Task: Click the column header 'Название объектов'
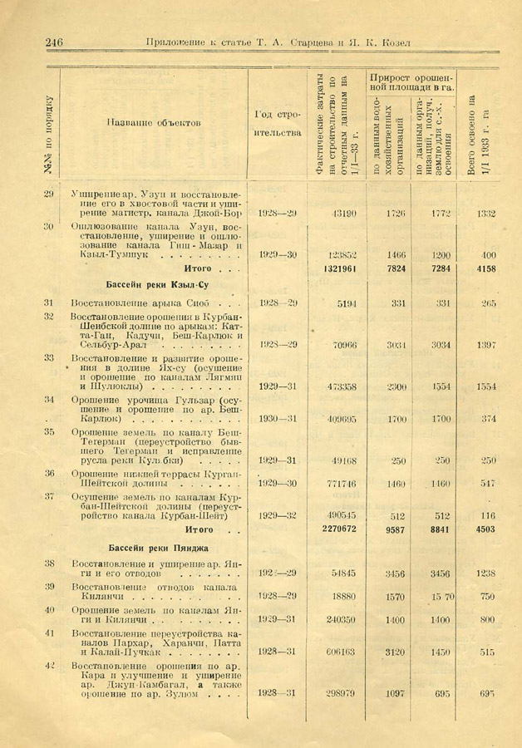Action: [155, 122]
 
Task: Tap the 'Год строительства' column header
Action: [278, 122]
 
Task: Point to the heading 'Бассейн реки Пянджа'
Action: [158, 548]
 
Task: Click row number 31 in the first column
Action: [49, 303]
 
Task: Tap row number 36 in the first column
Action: [49, 474]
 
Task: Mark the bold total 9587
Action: [394, 529]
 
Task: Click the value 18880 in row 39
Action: [342, 596]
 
